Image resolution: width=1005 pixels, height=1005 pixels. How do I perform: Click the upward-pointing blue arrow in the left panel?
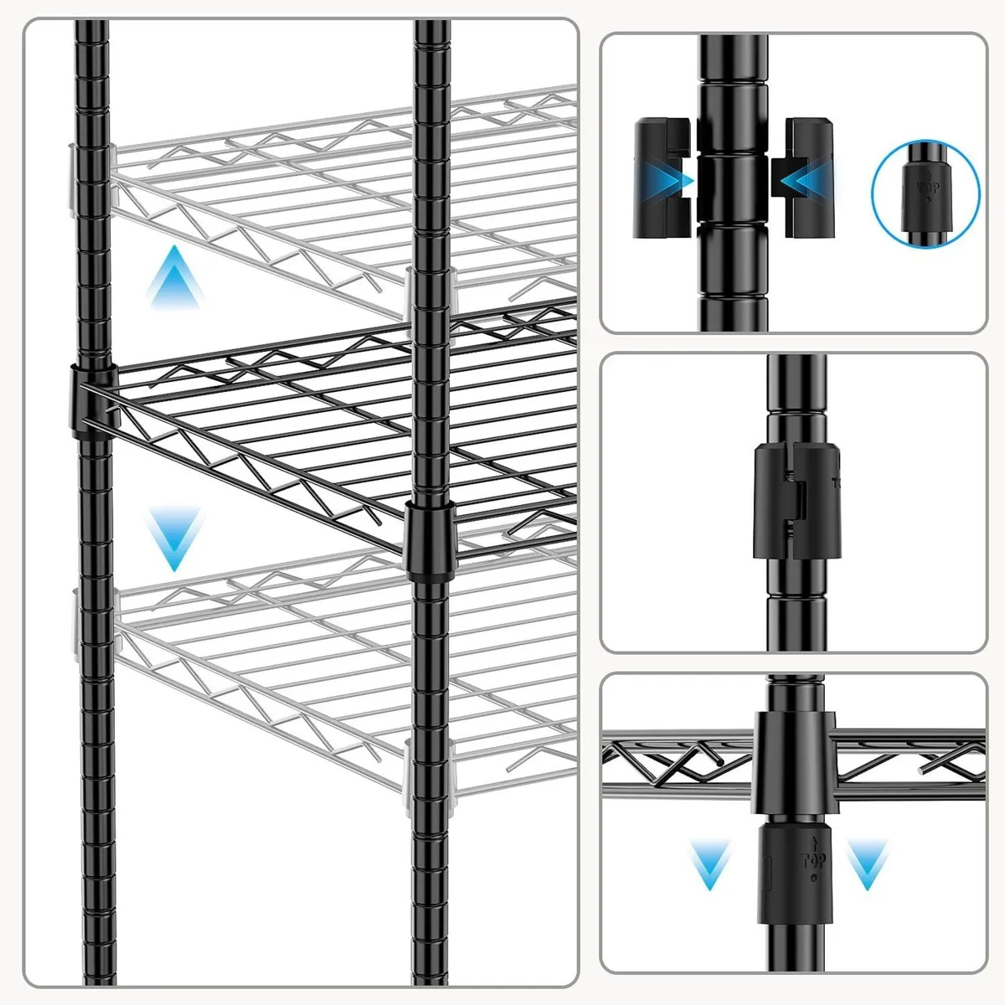tap(174, 276)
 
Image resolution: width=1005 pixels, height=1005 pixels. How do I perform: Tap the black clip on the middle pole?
tap(428, 541)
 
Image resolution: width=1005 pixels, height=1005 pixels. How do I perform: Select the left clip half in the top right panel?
tap(662, 178)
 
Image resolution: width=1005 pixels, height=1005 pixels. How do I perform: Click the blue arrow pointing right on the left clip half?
tap(675, 178)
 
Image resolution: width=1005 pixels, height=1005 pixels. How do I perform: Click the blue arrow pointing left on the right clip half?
tap(796, 178)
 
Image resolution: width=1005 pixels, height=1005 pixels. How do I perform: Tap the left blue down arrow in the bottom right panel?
tap(710, 867)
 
